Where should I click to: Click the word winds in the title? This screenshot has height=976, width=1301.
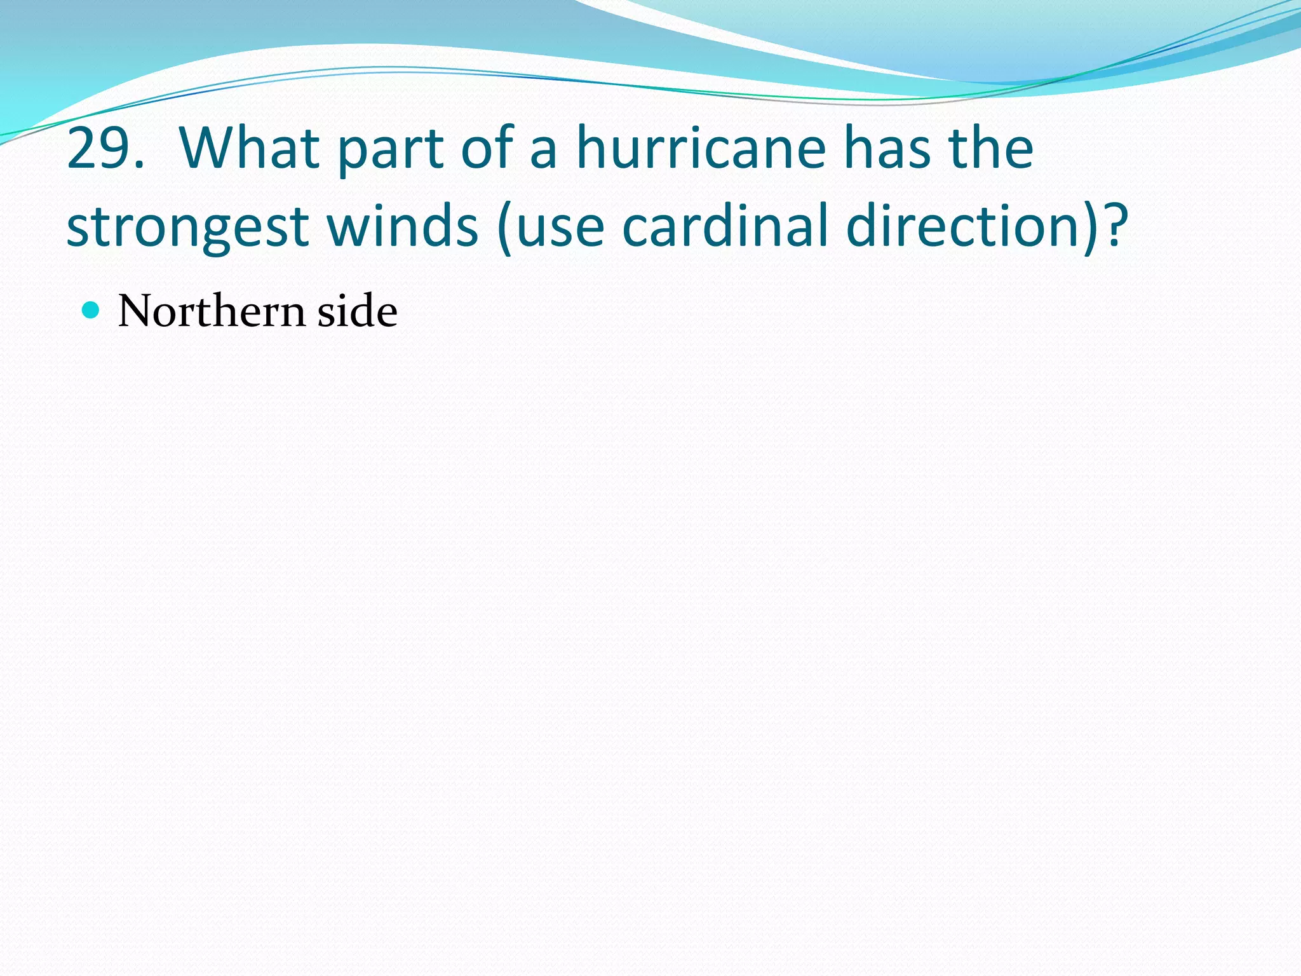tap(402, 226)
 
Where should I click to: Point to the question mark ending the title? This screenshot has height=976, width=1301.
tap(1116, 226)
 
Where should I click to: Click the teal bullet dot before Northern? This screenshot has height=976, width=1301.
tap(91, 310)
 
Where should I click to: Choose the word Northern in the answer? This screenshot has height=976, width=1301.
tap(212, 311)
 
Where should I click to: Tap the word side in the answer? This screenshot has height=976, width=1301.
tap(357, 311)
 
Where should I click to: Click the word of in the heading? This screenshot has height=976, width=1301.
tap(487, 149)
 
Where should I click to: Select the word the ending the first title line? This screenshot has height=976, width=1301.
tap(991, 149)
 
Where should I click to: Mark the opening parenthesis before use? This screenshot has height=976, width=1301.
tap(505, 227)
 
